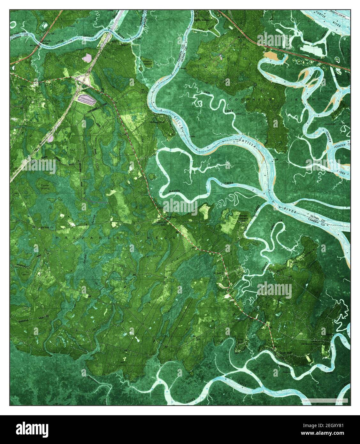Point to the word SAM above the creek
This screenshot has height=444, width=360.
[x=206, y=92]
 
